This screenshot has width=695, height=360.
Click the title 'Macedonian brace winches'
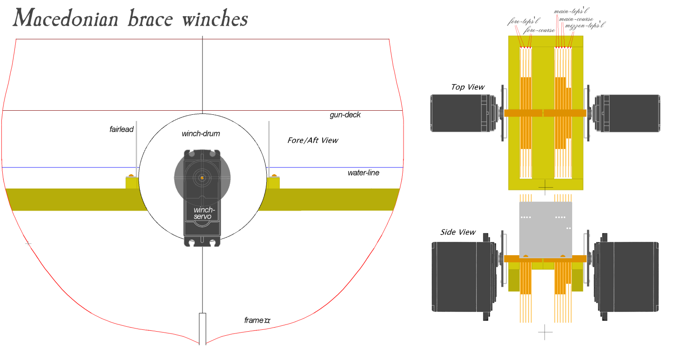pos(130,19)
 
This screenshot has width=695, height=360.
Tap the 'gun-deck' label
pos(345,115)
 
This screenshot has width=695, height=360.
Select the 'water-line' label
pos(363,173)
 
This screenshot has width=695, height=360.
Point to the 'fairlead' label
pos(121,130)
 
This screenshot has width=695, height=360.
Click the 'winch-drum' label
pos(201,134)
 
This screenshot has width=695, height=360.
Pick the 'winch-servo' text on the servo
pos(203,213)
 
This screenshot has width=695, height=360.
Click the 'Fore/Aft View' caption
pos(313,140)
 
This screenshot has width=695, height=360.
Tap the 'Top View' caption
pos(468,87)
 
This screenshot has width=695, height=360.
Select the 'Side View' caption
pos(457,232)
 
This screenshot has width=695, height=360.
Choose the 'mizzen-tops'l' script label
pos(585,26)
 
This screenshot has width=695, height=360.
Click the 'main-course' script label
pos(576,19)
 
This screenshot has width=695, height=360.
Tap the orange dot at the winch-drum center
pos(202,177)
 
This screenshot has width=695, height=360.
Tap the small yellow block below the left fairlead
pos(131,183)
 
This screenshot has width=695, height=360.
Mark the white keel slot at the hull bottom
pos(202,328)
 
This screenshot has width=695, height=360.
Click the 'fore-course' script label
pos(538,30)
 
